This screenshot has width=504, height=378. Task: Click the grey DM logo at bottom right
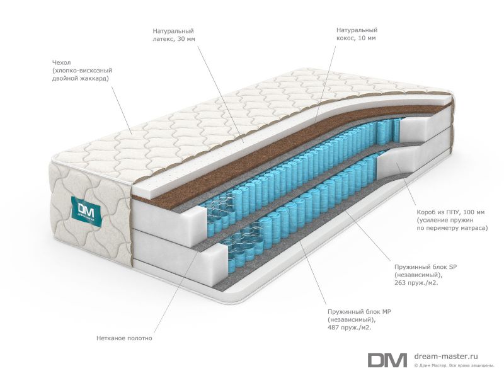387,360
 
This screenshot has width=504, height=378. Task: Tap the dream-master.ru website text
446,356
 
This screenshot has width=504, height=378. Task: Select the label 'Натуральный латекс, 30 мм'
174,35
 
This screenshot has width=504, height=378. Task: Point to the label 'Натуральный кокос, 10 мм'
357,34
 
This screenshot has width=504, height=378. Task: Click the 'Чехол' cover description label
82,71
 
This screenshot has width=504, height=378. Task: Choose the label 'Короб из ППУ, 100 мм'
452,220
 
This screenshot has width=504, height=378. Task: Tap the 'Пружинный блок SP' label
426,275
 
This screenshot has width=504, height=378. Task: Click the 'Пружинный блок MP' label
359,319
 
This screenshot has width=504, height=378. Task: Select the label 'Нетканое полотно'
124,338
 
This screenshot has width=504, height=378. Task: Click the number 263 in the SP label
399,283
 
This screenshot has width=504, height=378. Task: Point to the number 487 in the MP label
333,328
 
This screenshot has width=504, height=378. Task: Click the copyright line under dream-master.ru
454,365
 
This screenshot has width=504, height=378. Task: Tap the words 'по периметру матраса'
452,228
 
